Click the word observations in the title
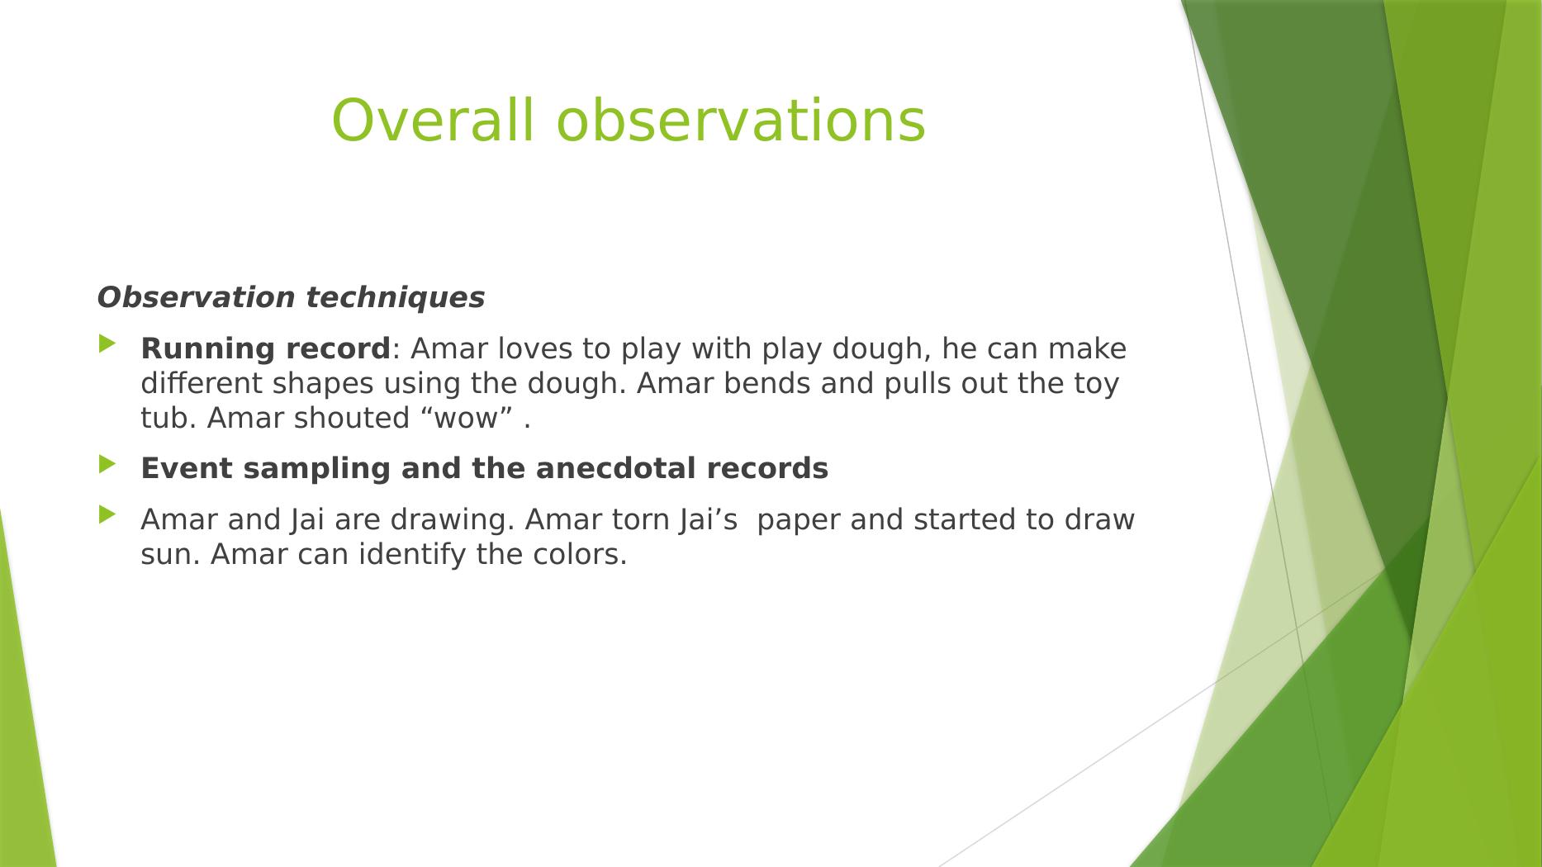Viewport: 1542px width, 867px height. pos(741,121)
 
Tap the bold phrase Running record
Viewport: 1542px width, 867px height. pos(265,349)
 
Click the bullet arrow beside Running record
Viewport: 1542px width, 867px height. pos(108,344)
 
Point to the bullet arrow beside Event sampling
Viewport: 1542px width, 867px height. pos(108,464)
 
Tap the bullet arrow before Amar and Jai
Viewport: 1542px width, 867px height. pos(108,515)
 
